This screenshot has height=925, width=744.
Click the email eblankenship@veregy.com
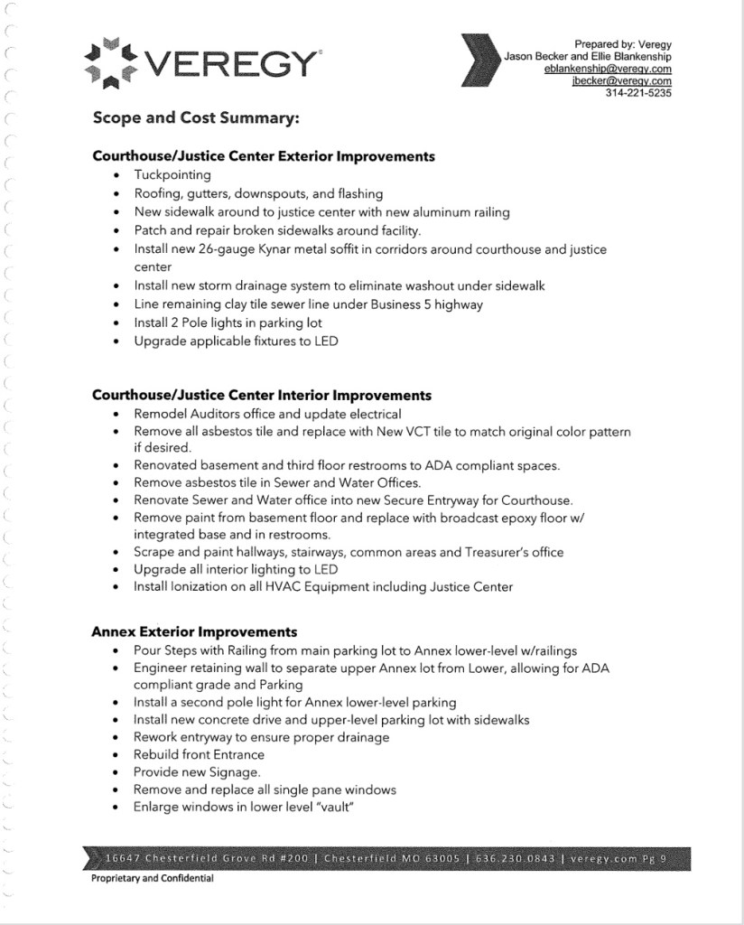[x=608, y=70]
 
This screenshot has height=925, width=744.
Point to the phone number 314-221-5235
[x=638, y=93]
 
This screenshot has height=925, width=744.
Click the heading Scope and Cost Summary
[x=195, y=118]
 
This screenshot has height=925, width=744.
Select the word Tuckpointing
[x=172, y=175]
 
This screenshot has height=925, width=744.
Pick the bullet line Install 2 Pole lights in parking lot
[x=228, y=322]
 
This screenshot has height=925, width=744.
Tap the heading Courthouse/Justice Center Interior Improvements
[x=262, y=396]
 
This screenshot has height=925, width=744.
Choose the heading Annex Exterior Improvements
[x=194, y=631]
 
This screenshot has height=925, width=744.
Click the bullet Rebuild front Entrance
[x=199, y=754]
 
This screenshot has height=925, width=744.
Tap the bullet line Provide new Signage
[x=197, y=772]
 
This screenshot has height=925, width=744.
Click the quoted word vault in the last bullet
[x=329, y=807]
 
